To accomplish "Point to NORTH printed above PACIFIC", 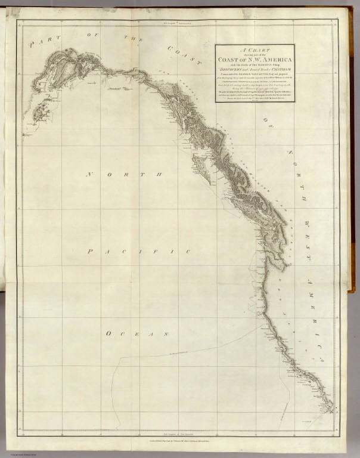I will pos(125,175).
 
